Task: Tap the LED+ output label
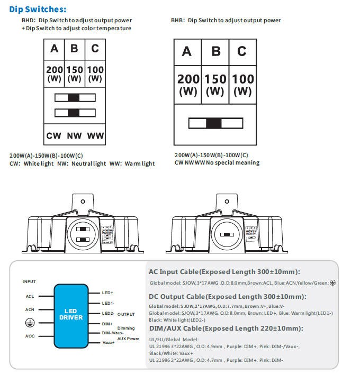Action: pyautogui.click(x=107, y=293)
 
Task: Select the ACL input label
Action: pyautogui.click(x=30, y=297)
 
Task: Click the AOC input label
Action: pyautogui.click(x=30, y=336)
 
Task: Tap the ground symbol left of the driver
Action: pyautogui.click(x=29, y=323)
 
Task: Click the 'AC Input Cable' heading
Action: pyautogui.click(x=224, y=272)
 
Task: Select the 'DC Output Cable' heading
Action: pyautogui.click(x=228, y=297)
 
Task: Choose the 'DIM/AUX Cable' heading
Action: pyautogui.click(x=226, y=329)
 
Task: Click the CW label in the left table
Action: pyautogui.click(x=53, y=135)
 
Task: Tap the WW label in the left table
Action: pyautogui.click(x=95, y=135)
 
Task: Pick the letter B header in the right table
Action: pyautogui.click(x=214, y=51)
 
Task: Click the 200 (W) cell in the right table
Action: pyautogui.click(x=188, y=85)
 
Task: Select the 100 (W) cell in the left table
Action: pyautogui.click(x=95, y=74)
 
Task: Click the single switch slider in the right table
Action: pyautogui.click(x=214, y=124)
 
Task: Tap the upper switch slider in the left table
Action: pyautogui.click(x=74, y=98)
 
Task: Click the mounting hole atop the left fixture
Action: pyautogui.click(x=83, y=202)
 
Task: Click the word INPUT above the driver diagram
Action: pyautogui.click(x=30, y=281)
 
